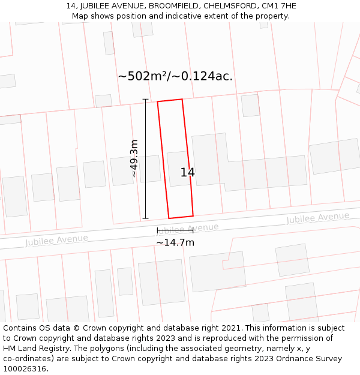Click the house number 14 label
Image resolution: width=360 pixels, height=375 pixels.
click(187, 173)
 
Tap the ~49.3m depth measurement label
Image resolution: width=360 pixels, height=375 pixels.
click(134, 158)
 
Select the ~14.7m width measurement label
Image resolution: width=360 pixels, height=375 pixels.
click(175, 242)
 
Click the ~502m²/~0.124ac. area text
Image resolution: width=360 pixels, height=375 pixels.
click(175, 76)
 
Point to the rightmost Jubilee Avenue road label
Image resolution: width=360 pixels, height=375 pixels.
click(317, 218)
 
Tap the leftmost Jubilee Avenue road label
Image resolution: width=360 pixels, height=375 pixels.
click(56, 240)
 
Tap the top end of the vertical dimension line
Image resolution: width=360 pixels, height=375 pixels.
click(145, 100)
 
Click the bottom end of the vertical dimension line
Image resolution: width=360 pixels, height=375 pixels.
click(145, 218)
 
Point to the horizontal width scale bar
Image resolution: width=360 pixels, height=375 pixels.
click(175, 230)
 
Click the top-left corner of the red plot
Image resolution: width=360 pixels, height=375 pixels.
click(158, 101)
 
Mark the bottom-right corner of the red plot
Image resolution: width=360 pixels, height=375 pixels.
click(193, 215)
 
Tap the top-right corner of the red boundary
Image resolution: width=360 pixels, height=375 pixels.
click(182, 99)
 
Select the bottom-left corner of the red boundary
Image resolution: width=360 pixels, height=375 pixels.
click(169, 218)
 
